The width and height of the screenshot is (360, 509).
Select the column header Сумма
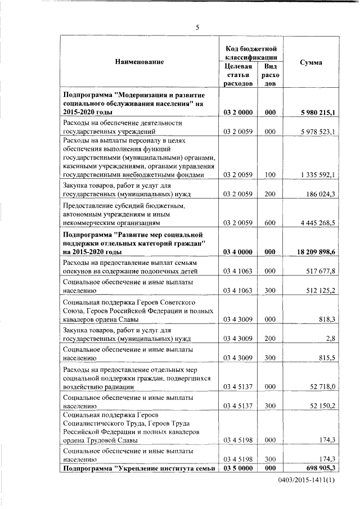[x=311, y=62]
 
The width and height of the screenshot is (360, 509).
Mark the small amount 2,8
[x=331, y=339]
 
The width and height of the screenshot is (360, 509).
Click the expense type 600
[x=270, y=223]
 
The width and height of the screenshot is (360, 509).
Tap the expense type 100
[x=270, y=175]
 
